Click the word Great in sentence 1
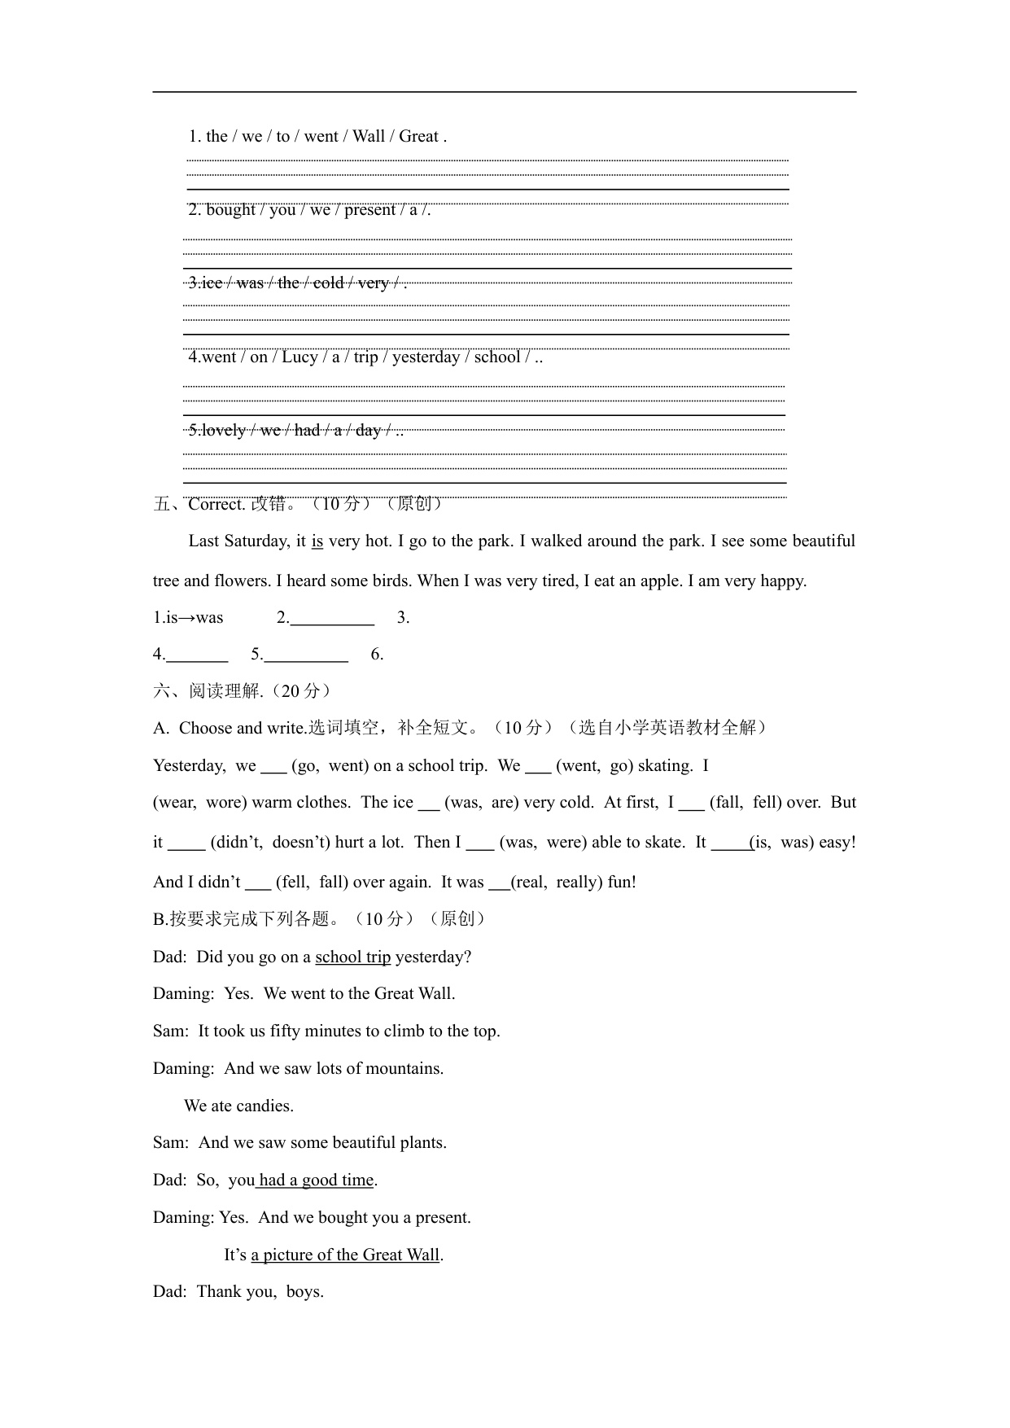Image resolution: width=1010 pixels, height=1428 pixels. pos(418,136)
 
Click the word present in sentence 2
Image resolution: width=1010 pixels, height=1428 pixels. pos(369,209)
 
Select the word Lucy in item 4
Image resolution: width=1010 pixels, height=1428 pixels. pos(299,357)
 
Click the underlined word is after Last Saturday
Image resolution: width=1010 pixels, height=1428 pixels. pos(317,541)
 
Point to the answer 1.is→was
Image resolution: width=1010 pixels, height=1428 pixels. pos(188,617)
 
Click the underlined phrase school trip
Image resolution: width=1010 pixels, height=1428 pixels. pos(352,957)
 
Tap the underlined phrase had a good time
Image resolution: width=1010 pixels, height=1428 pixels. pos(316,1180)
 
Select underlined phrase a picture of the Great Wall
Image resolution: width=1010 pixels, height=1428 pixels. pos(345,1255)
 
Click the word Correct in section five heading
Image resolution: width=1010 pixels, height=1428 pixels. pos(216,504)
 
